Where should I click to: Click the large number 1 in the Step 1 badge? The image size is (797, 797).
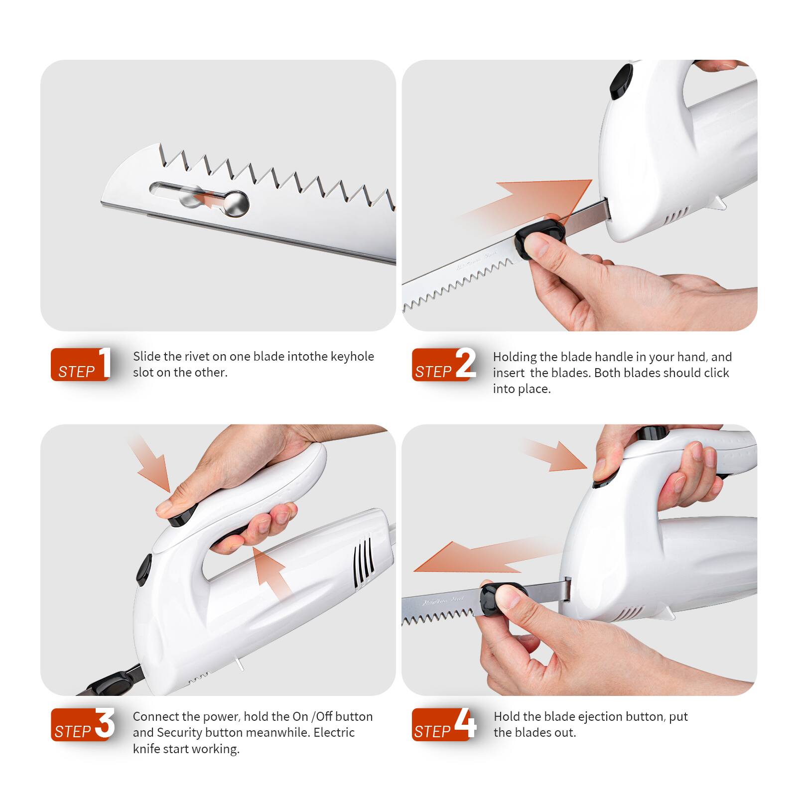pos(105,362)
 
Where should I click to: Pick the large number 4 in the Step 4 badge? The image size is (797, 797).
pos(466,723)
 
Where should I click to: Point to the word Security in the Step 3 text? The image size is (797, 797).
pos(179,733)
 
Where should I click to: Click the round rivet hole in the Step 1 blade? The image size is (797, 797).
pos(236,203)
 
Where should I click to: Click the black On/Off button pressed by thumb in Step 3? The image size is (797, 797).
pos(182,517)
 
